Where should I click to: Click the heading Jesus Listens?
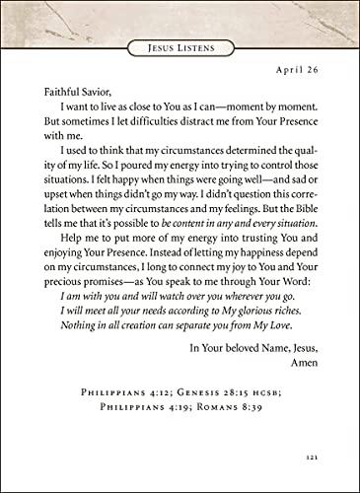pyautogui.click(x=180, y=46)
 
